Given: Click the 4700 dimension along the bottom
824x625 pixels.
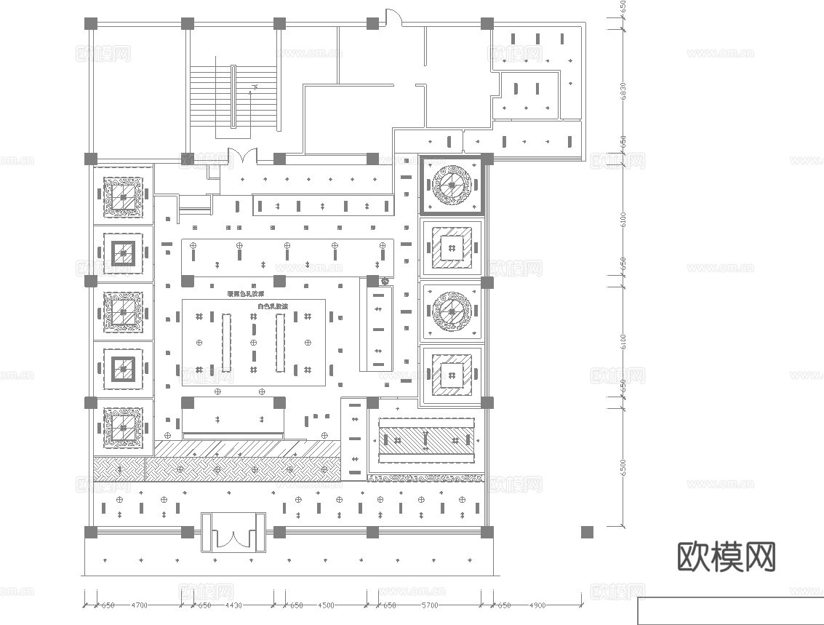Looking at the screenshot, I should tap(139, 605).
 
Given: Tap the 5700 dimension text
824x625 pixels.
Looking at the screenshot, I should tap(431, 605).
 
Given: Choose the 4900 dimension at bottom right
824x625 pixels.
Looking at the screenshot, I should tap(537, 605).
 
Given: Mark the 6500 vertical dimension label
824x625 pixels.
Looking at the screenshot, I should tap(623, 466).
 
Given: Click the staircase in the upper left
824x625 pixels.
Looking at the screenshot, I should tap(233, 102).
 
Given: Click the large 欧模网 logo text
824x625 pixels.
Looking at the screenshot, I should tap(726, 557).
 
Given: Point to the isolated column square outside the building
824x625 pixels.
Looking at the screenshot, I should tap(587, 532).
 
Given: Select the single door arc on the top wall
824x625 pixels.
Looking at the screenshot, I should tap(393, 18).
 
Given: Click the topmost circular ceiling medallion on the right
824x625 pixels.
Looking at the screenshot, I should tap(452, 186).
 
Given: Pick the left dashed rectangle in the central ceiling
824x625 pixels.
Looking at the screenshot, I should tap(226, 342).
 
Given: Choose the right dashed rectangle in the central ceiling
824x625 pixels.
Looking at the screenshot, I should tap(281, 342).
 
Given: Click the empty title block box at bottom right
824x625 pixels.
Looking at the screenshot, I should tap(730, 611).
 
